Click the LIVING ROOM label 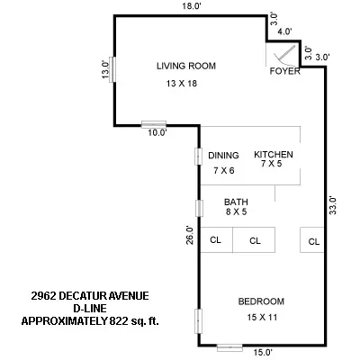pos(186,66)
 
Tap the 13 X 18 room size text pos(181,84)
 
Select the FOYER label pos(284,72)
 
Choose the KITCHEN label pos(274,155)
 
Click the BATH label pos(236,202)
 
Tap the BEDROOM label pos(261,301)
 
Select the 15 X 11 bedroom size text pos(261,318)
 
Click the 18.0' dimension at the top pos(188,6)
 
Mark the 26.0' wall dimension pos(188,235)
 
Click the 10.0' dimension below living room pos(157,133)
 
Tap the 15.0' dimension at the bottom pos(261,353)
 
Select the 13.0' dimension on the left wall pos(105,69)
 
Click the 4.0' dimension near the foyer pos(285,31)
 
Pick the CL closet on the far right pos(313,241)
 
